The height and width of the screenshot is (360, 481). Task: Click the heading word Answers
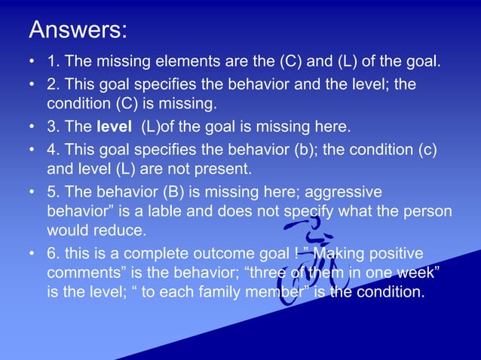pos(78,30)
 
